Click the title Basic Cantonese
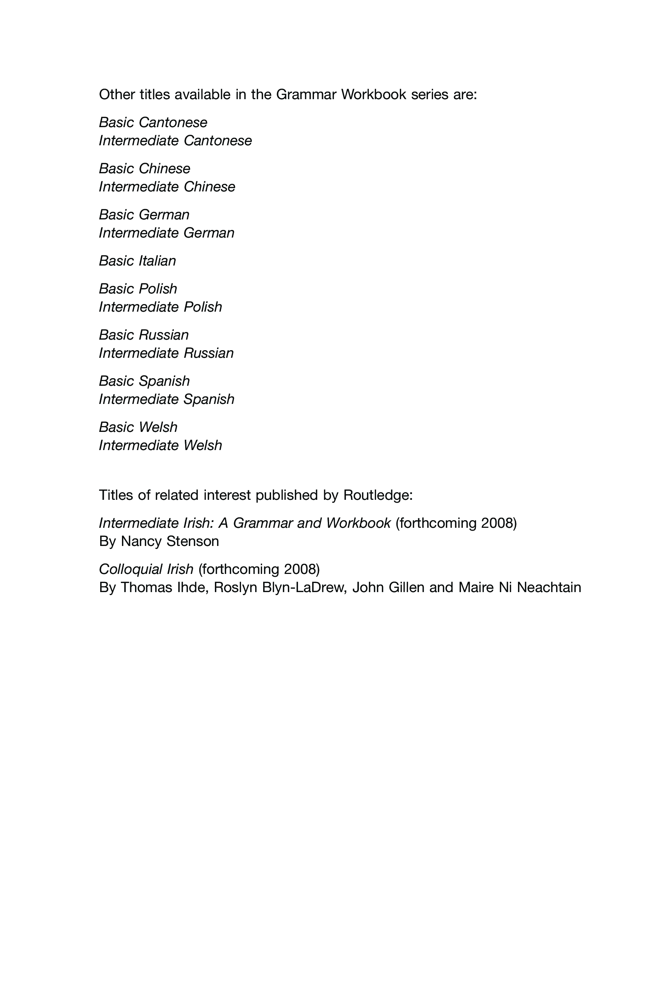click(x=153, y=122)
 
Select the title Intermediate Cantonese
click(x=175, y=141)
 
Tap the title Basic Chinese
click(x=144, y=169)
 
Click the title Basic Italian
click(x=137, y=261)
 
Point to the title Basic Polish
click(x=138, y=289)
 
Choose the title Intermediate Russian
click(x=166, y=353)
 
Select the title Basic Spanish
click(x=144, y=381)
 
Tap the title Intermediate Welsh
click(x=160, y=445)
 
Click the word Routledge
click(x=378, y=495)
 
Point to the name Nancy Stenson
click(x=170, y=541)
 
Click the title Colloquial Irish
click(x=146, y=569)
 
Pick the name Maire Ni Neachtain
click(x=520, y=587)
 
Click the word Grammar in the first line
click(x=306, y=94)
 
